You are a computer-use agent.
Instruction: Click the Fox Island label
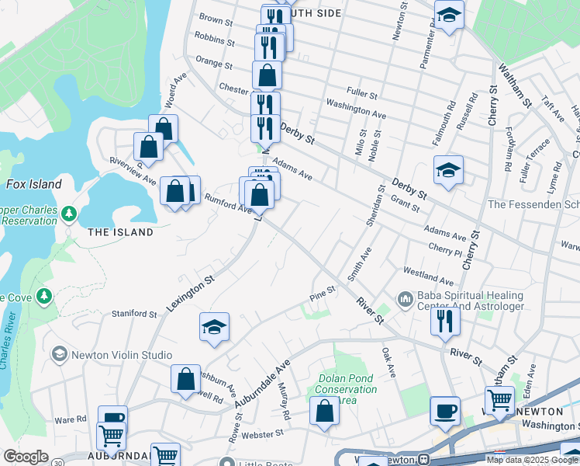pyautogui.click(x=33, y=184)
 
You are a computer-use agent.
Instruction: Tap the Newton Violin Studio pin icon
pyautogui.click(x=59, y=355)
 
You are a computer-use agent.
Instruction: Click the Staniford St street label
pyautogui.click(x=133, y=314)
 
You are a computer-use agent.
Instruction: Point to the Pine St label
pyautogui.click(x=322, y=291)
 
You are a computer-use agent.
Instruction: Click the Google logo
pyautogui.click(x=25, y=457)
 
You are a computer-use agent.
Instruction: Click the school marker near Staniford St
pyautogui.click(x=214, y=326)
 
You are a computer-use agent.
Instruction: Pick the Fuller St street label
pyautogui.click(x=362, y=95)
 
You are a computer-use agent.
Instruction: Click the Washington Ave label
pyautogui.click(x=356, y=109)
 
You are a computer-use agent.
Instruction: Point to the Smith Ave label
pyautogui.click(x=359, y=264)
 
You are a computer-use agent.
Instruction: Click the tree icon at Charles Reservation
pyautogui.click(x=69, y=213)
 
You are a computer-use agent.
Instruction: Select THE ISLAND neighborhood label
pyautogui.click(x=120, y=232)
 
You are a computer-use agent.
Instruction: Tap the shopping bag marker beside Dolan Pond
pyautogui.click(x=324, y=411)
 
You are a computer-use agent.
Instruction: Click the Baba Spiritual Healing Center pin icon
pyautogui.click(x=405, y=299)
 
